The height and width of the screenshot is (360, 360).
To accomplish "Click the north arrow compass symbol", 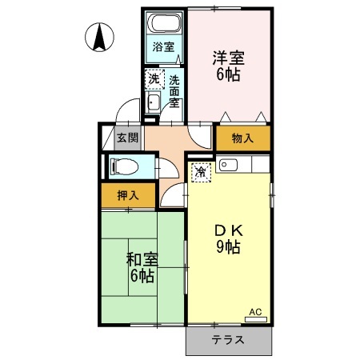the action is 99,37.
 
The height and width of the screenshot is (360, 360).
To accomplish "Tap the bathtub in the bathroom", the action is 164,22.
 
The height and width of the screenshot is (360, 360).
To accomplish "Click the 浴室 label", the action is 163,47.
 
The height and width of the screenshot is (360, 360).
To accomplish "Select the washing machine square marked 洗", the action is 154,79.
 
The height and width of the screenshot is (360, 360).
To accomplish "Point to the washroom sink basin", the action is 154,102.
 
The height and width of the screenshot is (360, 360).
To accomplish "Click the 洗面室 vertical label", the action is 174,91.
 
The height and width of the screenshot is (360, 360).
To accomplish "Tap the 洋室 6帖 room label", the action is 228,66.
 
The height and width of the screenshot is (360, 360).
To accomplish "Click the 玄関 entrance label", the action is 128,138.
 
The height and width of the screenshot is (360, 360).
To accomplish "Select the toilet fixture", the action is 125,168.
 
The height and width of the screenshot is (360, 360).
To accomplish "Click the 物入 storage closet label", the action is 242,138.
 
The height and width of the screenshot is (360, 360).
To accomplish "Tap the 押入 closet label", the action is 128,196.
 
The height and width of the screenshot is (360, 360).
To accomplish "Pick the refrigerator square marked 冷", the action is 201,173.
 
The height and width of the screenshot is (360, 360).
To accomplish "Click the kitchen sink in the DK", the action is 228,165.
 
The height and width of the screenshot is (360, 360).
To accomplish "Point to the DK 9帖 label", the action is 229,239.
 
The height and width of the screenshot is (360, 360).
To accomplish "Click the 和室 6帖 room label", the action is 142,267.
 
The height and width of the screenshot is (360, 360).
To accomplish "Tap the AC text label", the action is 255,312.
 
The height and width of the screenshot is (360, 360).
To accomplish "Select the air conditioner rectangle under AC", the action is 256,319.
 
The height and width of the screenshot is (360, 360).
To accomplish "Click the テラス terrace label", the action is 228,340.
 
